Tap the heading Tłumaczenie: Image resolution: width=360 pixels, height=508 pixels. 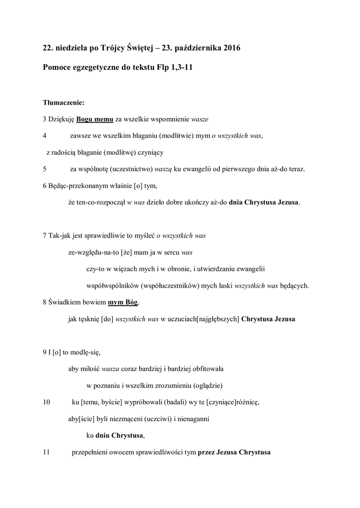tap(64, 103)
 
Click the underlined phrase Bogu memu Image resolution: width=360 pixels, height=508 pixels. tap(95, 120)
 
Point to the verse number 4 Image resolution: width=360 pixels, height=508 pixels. tap(45, 135)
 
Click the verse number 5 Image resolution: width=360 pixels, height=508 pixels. tap(45, 169)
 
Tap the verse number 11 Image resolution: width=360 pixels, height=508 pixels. tap(47, 452)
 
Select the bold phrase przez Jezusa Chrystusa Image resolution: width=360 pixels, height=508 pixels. tap(234, 452)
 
